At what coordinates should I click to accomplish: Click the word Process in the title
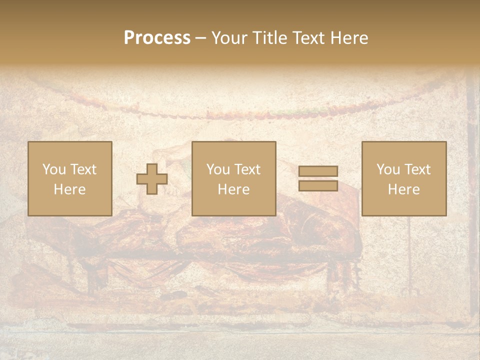click(x=157, y=38)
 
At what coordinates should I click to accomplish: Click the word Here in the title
click(x=350, y=38)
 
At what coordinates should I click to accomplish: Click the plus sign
click(x=152, y=179)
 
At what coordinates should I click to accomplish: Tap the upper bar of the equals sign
click(x=318, y=171)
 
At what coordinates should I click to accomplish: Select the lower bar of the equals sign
click(x=318, y=186)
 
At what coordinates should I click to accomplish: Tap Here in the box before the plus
click(x=70, y=189)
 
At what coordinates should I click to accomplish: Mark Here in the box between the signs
click(x=234, y=189)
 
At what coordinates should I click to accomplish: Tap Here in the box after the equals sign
click(x=404, y=189)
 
